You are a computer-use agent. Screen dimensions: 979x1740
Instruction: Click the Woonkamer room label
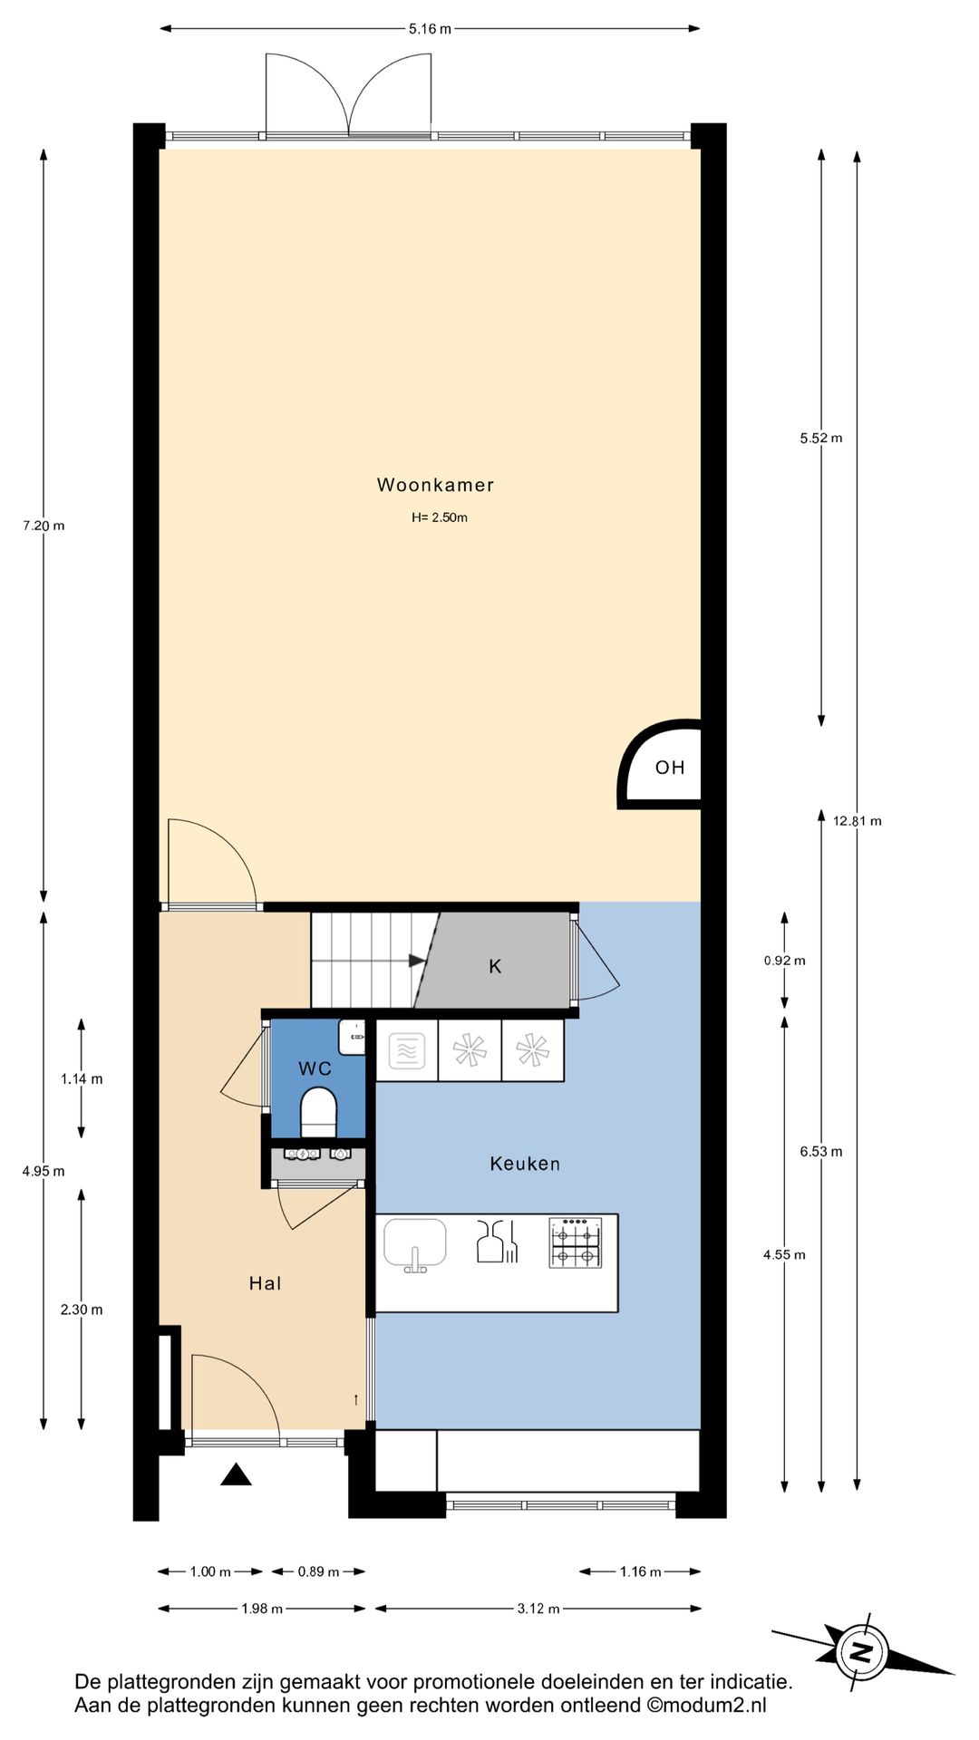pos(435,485)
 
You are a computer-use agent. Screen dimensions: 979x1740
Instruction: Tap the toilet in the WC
pos(318,1111)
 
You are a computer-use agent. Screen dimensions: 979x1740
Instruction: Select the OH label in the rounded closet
pos(670,768)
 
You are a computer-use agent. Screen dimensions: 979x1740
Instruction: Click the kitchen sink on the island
pos(415,1243)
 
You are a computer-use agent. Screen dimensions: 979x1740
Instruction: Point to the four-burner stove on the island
pos(576,1242)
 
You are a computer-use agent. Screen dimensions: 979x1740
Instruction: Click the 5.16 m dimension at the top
pos(430,29)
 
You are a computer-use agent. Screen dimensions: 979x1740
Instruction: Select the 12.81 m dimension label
pos(857,821)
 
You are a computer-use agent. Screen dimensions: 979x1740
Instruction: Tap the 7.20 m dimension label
pos(44,526)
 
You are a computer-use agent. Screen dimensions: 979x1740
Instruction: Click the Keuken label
pos(525,1164)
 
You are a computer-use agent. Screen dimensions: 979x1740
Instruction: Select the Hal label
pos(266,1283)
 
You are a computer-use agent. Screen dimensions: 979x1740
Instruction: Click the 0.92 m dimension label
pos(784,961)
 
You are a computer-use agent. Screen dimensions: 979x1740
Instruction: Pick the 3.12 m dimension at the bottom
pos(538,1609)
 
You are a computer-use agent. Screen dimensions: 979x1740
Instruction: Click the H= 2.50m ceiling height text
pos(440,517)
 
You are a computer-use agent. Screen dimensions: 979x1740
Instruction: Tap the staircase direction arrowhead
pos(417,961)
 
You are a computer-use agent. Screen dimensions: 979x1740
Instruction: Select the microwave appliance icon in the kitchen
pos(407,1051)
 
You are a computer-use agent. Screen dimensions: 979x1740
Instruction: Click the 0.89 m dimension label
pos(318,1571)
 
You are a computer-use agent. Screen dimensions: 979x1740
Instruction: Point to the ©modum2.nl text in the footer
pos(706,1705)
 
